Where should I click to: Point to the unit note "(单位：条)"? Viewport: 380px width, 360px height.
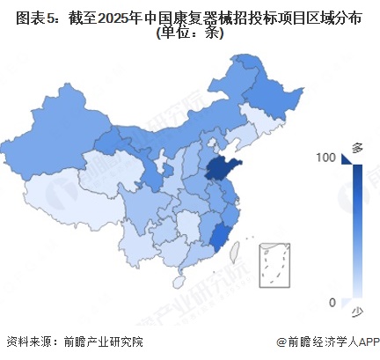point(190,34)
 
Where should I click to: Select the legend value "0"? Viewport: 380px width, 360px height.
point(332,303)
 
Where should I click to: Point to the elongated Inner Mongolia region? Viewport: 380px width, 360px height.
point(176,132)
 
